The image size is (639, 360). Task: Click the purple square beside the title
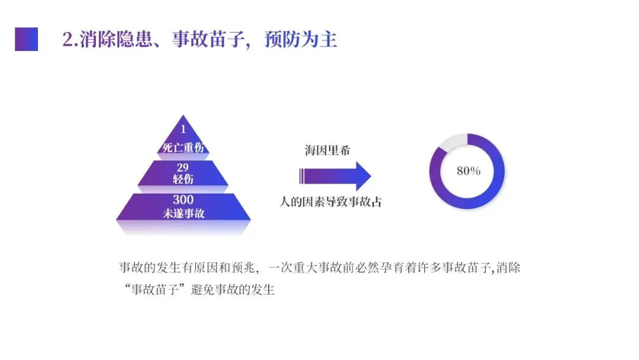pos(26,39)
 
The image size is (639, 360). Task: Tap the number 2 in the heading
pos(67,40)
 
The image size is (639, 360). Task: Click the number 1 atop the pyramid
pos(183,129)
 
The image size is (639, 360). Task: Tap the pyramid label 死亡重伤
pos(183,147)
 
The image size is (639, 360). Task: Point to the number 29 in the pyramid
pos(183,168)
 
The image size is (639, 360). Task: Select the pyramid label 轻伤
pos(183,179)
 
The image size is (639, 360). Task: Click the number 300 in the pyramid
pos(183,200)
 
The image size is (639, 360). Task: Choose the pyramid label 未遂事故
pos(183,213)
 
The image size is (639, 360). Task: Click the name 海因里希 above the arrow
pos(324,150)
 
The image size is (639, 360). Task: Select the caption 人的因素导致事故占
pos(331,202)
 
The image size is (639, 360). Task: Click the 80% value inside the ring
pos(469,171)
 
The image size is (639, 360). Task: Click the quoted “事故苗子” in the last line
pos(154,291)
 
